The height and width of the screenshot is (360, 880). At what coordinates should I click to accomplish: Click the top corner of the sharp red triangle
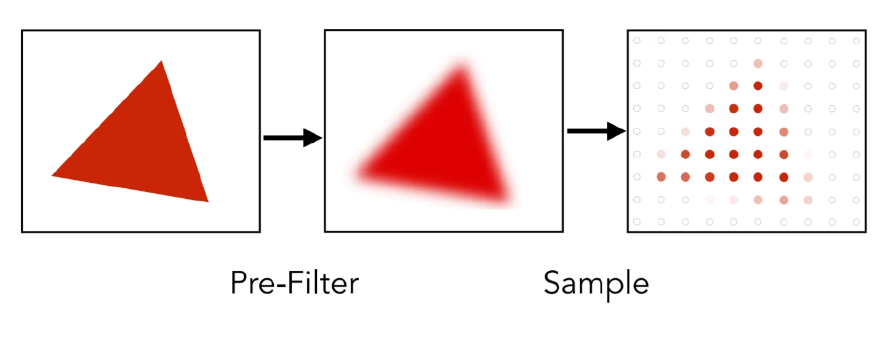pyautogui.click(x=161, y=62)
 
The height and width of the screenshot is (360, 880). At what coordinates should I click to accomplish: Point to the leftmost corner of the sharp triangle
pyautogui.click(x=52, y=175)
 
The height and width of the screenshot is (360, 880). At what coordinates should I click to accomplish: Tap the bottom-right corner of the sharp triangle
pyautogui.click(x=208, y=202)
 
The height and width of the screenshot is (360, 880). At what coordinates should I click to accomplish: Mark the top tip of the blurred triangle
pyautogui.click(x=460, y=68)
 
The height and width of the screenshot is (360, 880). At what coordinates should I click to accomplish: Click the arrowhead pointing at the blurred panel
pyautogui.click(x=313, y=138)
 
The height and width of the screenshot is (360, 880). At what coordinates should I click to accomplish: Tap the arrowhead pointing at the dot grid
pyautogui.click(x=617, y=131)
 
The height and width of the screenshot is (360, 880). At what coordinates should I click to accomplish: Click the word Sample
pyautogui.click(x=596, y=284)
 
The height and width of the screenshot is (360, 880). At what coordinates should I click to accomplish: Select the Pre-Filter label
pyautogui.click(x=294, y=283)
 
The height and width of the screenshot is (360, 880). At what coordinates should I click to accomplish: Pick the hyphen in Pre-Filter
pyautogui.click(x=282, y=284)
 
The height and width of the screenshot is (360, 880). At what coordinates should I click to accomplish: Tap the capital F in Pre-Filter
pyautogui.click(x=295, y=282)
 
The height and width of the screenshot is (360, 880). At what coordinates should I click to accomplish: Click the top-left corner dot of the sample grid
pyautogui.click(x=637, y=41)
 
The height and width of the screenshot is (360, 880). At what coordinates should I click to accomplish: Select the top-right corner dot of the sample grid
pyautogui.click(x=857, y=41)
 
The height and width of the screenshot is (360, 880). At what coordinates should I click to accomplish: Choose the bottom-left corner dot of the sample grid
pyautogui.click(x=637, y=222)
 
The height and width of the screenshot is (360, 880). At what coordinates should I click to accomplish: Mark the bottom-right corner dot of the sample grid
pyautogui.click(x=857, y=222)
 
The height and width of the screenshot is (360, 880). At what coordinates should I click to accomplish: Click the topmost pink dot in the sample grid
pyautogui.click(x=758, y=63)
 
